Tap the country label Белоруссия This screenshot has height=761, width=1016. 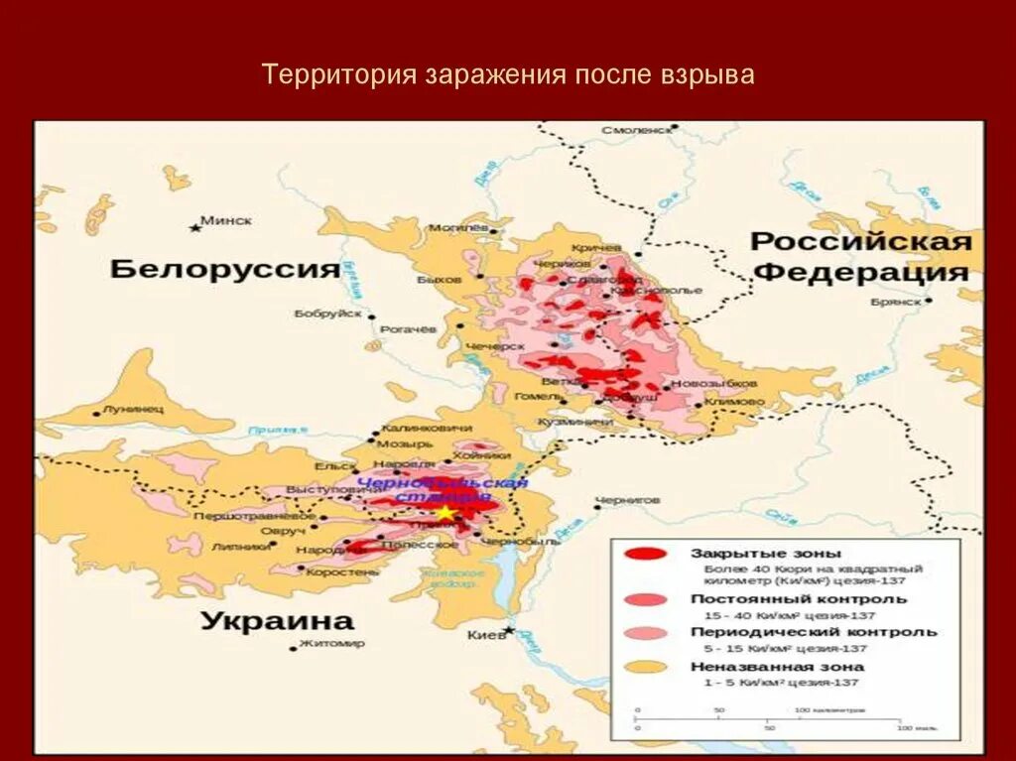coord(225,269)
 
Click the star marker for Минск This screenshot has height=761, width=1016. coord(195,227)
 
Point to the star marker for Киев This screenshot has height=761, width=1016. coord(508,630)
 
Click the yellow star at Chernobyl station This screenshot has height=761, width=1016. coord(446,513)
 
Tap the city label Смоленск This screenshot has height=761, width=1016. coord(636,130)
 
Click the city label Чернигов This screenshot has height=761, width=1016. coord(626,500)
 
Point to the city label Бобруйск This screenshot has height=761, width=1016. coord(327,314)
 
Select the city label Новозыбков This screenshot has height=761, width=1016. coord(713,383)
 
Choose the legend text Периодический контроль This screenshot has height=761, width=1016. coord(813,632)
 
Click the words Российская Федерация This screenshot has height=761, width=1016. coord(859,257)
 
